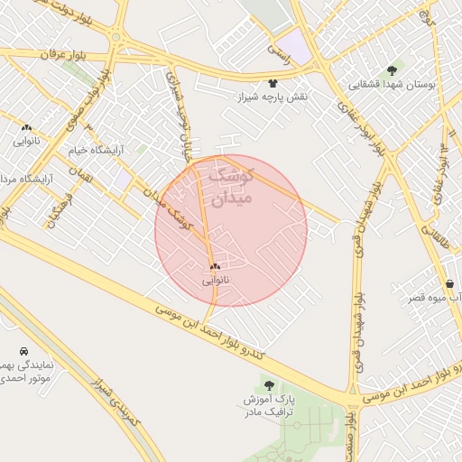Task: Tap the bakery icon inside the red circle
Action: tap(215, 266)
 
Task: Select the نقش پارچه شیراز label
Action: tap(273, 97)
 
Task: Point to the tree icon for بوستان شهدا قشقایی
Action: tap(392, 69)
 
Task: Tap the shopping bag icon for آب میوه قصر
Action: tap(449, 283)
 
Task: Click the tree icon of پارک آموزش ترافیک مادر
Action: tap(269, 385)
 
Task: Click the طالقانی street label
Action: tap(443, 238)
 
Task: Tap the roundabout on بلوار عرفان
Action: tap(116, 38)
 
